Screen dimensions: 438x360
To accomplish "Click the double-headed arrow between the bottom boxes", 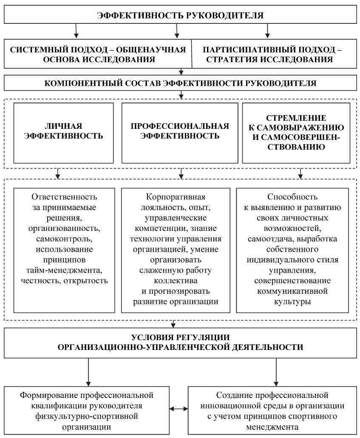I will pos(179,409).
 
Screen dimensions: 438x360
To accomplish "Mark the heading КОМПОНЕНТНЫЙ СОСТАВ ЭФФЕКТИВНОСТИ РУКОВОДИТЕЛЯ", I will pos(180,83).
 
